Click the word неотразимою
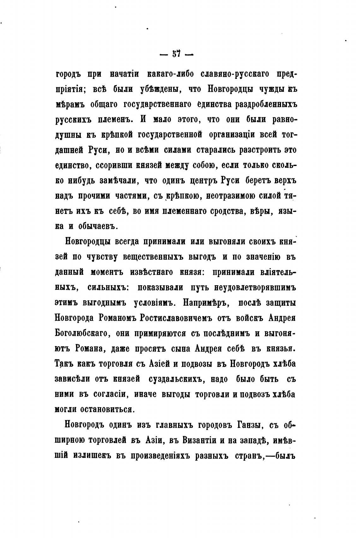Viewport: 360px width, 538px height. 234,196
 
